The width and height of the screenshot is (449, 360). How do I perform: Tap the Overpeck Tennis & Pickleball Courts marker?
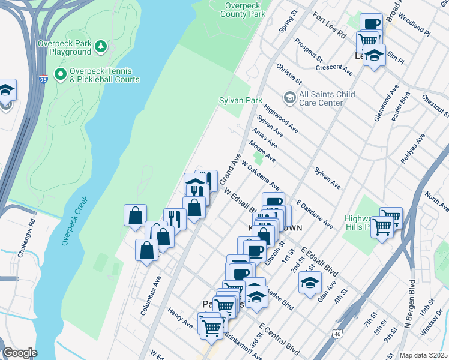point(60,74)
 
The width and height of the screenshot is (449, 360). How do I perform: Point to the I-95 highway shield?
point(43,79)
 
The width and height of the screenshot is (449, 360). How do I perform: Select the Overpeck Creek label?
point(75,221)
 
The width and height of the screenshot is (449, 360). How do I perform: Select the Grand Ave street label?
point(231,169)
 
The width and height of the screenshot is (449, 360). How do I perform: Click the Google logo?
point(20,352)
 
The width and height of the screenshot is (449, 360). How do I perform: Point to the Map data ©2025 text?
point(423,355)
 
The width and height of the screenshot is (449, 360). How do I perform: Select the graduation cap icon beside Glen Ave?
point(310,281)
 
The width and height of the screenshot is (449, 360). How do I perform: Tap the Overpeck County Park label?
point(244,9)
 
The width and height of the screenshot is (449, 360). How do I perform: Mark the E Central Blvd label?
point(279,337)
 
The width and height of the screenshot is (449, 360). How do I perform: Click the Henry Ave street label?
point(180,319)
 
